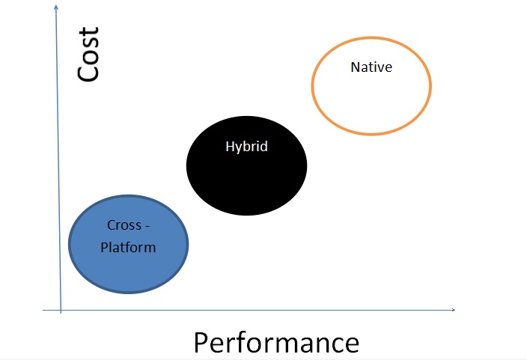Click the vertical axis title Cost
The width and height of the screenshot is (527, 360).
(x=88, y=54)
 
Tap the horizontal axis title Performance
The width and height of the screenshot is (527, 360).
(x=276, y=343)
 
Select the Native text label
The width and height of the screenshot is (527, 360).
(x=371, y=67)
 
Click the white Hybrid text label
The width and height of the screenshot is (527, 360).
(x=247, y=147)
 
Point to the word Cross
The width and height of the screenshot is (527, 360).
(x=124, y=225)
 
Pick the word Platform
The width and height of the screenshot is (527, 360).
(x=128, y=248)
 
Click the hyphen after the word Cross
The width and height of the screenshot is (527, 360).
(x=147, y=227)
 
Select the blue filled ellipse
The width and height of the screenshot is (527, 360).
(x=129, y=245)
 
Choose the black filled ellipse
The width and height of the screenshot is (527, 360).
(x=247, y=165)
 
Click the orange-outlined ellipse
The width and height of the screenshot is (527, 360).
(x=312, y=86)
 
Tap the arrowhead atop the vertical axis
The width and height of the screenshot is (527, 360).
(x=56, y=7)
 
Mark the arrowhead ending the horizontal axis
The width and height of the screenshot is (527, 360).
(x=454, y=310)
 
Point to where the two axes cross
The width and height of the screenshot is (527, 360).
(x=61, y=310)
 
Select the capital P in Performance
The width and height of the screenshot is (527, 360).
(x=201, y=342)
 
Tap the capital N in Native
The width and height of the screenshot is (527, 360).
(x=356, y=67)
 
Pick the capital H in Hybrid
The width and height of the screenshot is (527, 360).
(x=230, y=146)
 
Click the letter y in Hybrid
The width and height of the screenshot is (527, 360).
(x=238, y=148)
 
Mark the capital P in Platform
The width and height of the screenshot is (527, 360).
(x=104, y=248)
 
